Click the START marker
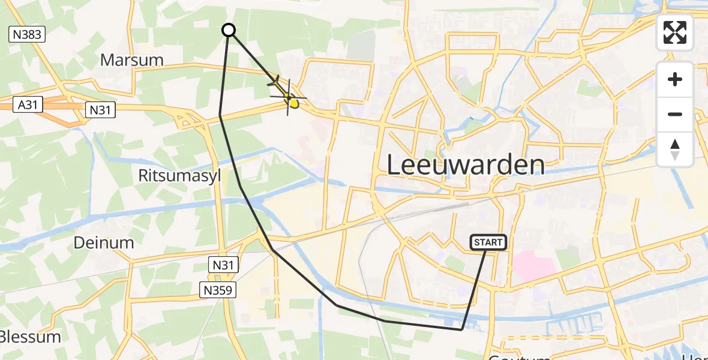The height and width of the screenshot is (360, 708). coord(489,242)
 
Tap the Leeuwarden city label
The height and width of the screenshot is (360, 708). coord(466,164)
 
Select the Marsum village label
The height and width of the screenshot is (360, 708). coord(132,60)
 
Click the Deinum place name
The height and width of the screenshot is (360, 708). coord(103,242)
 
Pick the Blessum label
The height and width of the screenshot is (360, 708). coord(30,337)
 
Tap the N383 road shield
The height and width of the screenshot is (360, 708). coord(27,34)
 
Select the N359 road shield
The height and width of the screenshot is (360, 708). coord(219,290)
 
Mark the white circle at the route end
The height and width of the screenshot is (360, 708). coord(229,30)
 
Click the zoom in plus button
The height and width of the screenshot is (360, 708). coord(675,79)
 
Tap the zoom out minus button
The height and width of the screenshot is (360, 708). coord(675,114)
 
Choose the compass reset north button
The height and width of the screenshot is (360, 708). coord(675,149)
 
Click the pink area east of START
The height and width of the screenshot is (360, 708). coord(534,265)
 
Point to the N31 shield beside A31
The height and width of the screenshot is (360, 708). coord(100,110)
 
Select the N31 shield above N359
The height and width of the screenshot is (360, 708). coord(224,265)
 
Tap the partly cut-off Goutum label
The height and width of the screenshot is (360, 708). coord(519,357)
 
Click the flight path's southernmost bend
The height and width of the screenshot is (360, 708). coord(461,329)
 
